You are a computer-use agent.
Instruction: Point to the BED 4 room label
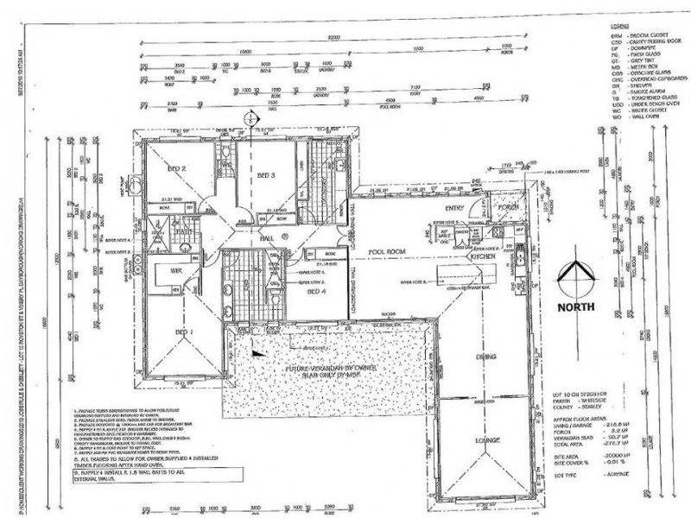point(318,293)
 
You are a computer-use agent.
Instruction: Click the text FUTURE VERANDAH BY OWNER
point(333,369)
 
